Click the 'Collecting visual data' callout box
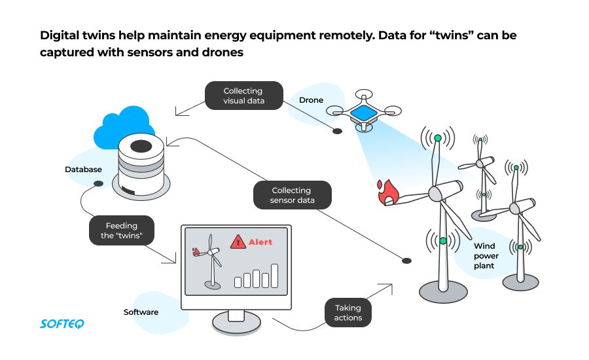[243, 96]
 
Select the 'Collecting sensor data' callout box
[292, 195]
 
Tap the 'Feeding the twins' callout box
[120, 230]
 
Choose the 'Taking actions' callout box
[348, 313]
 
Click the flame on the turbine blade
[389, 192]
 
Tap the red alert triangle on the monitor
[238, 242]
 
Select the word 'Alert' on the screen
[260, 242]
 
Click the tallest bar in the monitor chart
[275, 276]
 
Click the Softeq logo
[62, 323]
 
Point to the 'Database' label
[83, 170]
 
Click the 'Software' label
[141, 312]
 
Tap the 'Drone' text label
[311, 100]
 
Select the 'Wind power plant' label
[486, 256]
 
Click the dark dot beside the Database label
[98, 183]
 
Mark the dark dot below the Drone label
[337, 132]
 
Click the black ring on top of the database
[141, 147]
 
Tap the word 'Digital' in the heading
[61, 35]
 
